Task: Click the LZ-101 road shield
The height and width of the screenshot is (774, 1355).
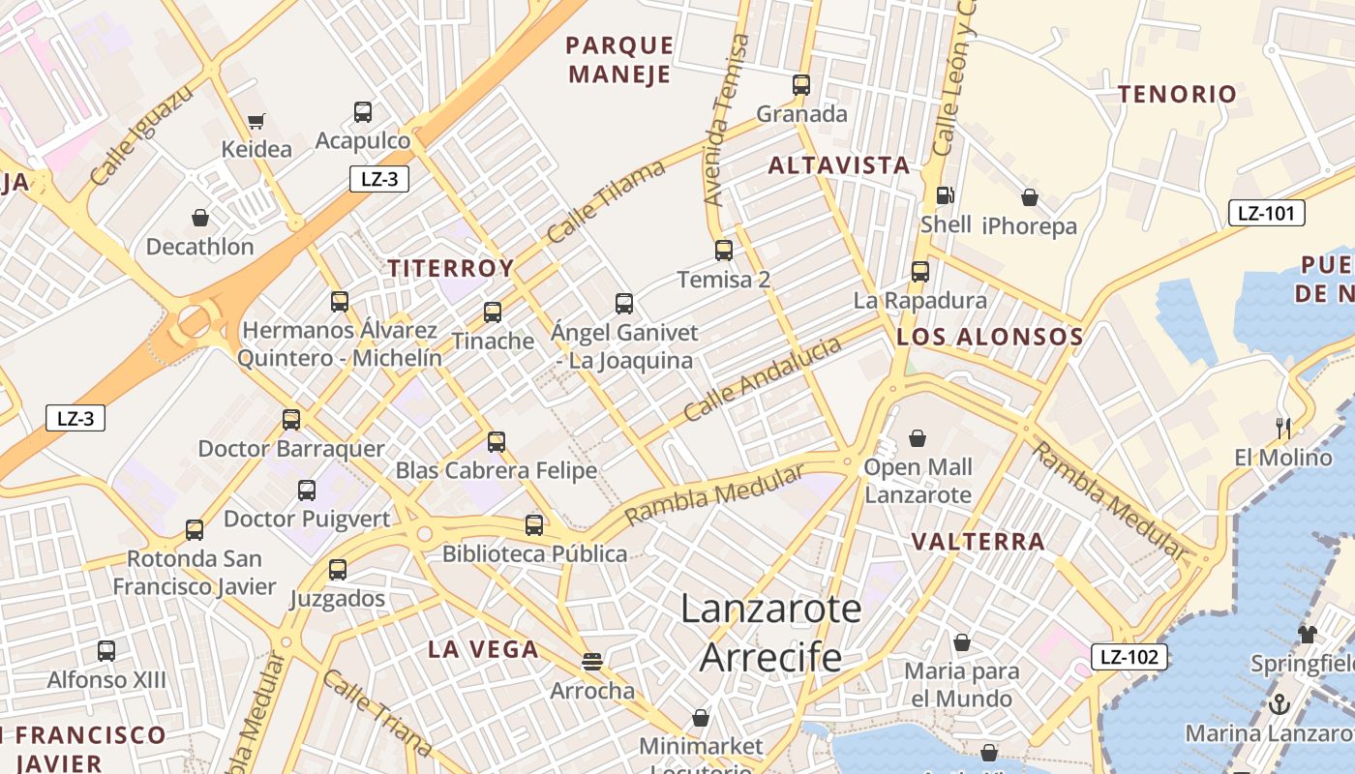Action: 1266,213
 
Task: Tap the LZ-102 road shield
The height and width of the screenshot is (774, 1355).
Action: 1129,657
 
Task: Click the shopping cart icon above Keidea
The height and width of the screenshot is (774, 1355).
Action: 256,122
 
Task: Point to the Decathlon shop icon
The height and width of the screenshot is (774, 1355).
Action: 200,218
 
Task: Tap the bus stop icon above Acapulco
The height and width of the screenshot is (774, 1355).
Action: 363,112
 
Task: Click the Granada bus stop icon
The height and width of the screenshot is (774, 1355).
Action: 801,85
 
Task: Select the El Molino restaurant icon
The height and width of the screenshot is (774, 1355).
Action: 1283,428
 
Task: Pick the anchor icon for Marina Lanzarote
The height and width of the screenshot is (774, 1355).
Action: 1279,703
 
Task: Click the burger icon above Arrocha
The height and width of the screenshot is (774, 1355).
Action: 592,662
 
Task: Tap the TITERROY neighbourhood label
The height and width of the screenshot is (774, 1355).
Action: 451,268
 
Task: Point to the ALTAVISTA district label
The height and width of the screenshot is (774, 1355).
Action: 839,165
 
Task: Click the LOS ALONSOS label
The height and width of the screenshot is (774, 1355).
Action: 989,337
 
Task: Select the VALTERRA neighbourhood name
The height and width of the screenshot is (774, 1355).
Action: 979,541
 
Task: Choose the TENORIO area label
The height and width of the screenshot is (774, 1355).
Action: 1177,94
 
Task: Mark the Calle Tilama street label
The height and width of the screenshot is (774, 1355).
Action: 606,201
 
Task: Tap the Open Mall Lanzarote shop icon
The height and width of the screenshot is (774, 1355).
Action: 918,439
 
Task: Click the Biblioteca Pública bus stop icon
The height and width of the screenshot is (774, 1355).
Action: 534,525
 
